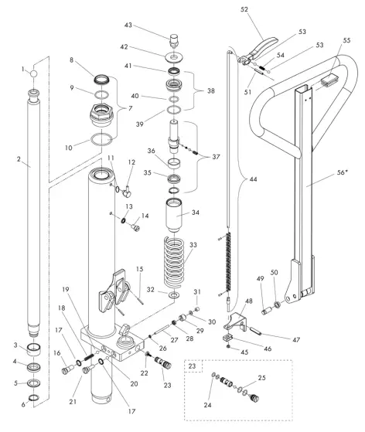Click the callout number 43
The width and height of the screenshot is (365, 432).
point(151,26)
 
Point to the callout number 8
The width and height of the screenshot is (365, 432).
point(71,60)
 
